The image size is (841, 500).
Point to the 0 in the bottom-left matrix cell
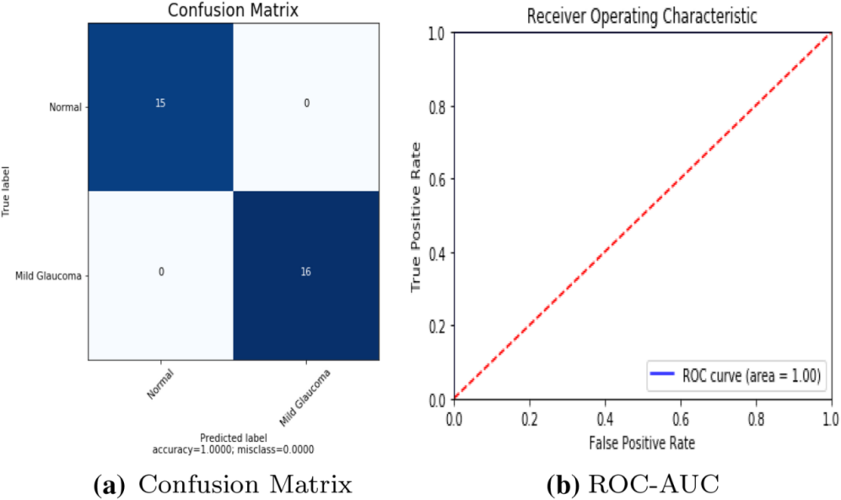click(162, 272)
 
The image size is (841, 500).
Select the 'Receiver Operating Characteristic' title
click(641, 16)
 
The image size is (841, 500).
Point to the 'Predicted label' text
click(234, 437)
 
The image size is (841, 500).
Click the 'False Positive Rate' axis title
click(641, 441)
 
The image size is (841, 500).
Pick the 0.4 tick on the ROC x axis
click(604, 417)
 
